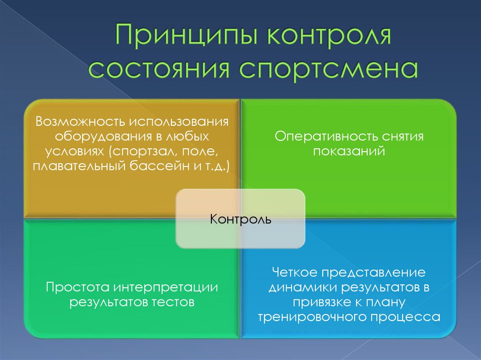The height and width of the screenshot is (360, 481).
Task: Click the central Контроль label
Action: point(240,219)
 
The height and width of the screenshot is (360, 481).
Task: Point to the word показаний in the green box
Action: point(349,151)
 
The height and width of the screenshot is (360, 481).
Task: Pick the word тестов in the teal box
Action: point(171,302)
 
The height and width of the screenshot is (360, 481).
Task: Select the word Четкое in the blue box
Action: point(294,273)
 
